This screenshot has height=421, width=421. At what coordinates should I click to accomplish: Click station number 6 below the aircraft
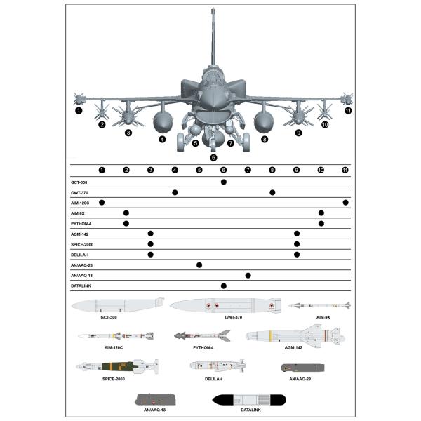pyautogui.click(x=214, y=157)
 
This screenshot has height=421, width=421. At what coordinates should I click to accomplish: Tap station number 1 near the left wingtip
pyautogui.click(x=79, y=110)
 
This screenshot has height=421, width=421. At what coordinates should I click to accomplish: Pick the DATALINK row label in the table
pyautogui.click(x=81, y=286)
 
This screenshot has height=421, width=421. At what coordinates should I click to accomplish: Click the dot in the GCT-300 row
pyautogui.click(x=224, y=182)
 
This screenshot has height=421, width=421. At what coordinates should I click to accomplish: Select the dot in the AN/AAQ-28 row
pyautogui.click(x=199, y=265)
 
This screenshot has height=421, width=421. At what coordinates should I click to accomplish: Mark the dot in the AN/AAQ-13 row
pyautogui.click(x=248, y=276)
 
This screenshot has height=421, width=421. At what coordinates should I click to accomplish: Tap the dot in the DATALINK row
pyautogui.click(x=224, y=286)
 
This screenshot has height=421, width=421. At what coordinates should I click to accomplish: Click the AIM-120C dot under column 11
pyautogui.click(x=345, y=203)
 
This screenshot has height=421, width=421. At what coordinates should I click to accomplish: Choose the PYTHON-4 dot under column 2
pyautogui.click(x=126, y=224)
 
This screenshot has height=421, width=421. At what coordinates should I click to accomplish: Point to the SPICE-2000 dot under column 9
pyautogui.click(x=297, y=245)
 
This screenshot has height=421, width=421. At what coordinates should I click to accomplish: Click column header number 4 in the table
pyautogui.click(x=175, y=170)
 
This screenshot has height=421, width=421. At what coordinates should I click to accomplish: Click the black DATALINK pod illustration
pyautogui.click(x=248, y=400)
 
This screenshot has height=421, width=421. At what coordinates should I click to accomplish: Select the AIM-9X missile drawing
pyautogui.click(x=319, y=305)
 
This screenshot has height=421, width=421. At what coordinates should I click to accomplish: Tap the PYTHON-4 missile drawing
pyautogui.click(x=202, y=336)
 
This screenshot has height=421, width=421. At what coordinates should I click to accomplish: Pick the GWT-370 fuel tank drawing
pyautogui.click(x=225, y=305)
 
